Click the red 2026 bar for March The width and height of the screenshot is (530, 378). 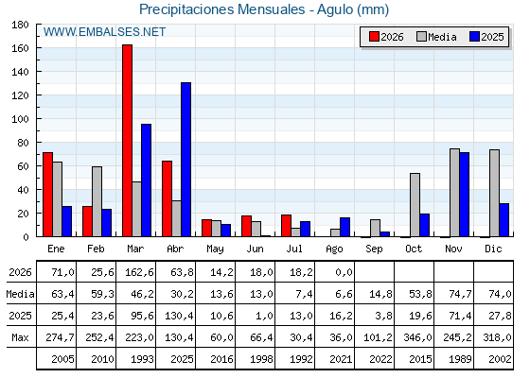tap(127, 141)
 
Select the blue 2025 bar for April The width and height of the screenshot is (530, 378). tap(185, 160)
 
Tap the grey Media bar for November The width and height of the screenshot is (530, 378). tap(454, 193)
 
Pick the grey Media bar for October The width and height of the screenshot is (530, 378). tap(415, 205)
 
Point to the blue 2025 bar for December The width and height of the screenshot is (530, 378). tap(503, 219)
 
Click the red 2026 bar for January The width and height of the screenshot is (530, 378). tap(47, 195)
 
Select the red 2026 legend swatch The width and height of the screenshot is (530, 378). tap(374, 37)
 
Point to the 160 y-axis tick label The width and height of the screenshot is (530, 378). tap(20, 48)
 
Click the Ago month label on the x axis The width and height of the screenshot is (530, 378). tap(334, 249)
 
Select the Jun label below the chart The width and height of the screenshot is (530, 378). tap(255, 249)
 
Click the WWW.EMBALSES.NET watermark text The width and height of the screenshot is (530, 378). tap(104, 32)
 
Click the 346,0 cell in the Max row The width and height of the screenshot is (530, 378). tap(417, 337)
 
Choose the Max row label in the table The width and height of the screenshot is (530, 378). tap(20, 337)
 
